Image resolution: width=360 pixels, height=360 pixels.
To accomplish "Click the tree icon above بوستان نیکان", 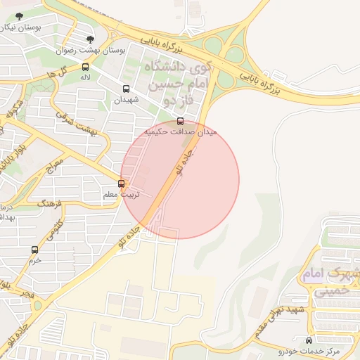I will (18, 16).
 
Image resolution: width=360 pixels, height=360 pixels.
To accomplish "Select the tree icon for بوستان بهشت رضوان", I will (89, 39).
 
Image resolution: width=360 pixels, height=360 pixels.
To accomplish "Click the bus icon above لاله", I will (85, 67).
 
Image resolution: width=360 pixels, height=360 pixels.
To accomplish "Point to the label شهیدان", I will (127, 100).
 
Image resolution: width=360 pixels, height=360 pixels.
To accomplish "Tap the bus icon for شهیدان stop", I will (127, 89).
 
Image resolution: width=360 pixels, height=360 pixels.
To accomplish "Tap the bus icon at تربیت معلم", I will (122, 184).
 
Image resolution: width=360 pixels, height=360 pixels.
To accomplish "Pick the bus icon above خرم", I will (35, 249).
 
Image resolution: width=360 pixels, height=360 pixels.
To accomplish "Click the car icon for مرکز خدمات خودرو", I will (309, 340).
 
